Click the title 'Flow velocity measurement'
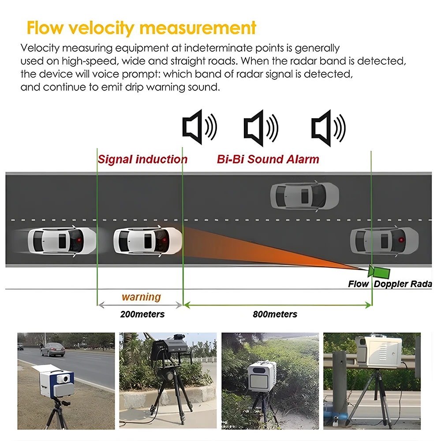pos(141,27)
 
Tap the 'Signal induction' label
pos(142,159)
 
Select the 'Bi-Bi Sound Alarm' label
pos(268,159)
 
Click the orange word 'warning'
pos(141,297)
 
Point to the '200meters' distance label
pos(142,314)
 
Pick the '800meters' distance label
pos(275,314)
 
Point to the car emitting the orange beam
pos(148,240)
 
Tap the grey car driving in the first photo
pos(53,349)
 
